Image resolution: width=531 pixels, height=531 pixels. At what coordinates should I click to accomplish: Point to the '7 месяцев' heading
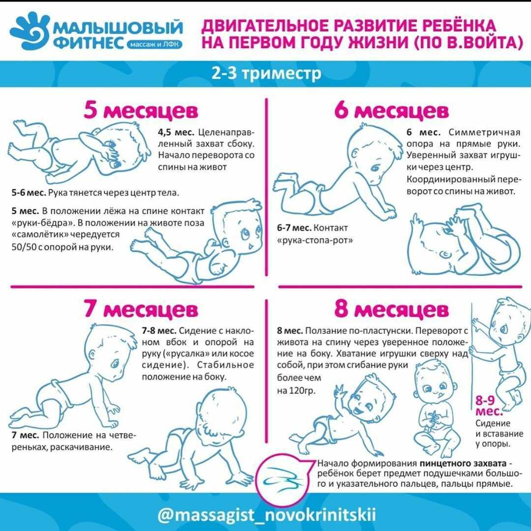141,310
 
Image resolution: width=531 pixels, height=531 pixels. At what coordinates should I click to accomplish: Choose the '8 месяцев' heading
391,310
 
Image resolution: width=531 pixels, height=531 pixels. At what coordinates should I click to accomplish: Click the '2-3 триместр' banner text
266,74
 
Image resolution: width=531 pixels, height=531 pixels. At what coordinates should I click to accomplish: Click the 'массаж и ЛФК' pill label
154,44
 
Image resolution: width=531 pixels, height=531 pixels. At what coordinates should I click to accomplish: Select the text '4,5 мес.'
177,133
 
